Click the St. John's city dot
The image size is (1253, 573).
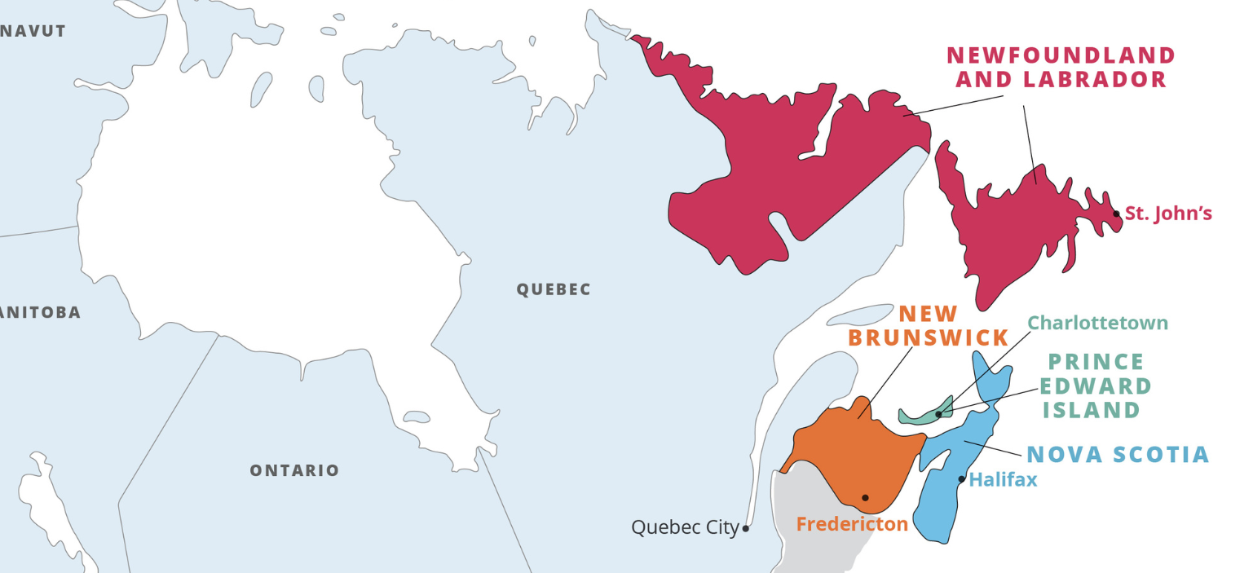(x=1116, y=214)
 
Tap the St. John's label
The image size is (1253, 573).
(x=1168, y=214)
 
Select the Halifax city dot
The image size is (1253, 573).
(x=961, y=478)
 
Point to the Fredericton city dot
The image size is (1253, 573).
(x=865, y=497)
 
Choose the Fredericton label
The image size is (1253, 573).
(x=852, y=524)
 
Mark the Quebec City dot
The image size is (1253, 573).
(x=746, y=528)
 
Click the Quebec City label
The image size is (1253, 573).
(x=685, y=527)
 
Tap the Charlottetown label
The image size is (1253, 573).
(x=1097, y=323)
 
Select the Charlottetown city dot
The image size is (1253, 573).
(x=938, y=414)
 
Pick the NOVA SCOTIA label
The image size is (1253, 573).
(x=1118, y=455)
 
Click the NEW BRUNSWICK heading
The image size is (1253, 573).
(x=929, y=325)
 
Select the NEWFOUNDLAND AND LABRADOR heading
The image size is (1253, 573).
(x=1061, y=67)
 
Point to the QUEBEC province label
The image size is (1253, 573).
(x=554, y=289)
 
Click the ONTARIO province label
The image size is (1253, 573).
(x=294, y=470)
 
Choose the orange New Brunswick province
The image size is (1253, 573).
(x=848, y=456)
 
